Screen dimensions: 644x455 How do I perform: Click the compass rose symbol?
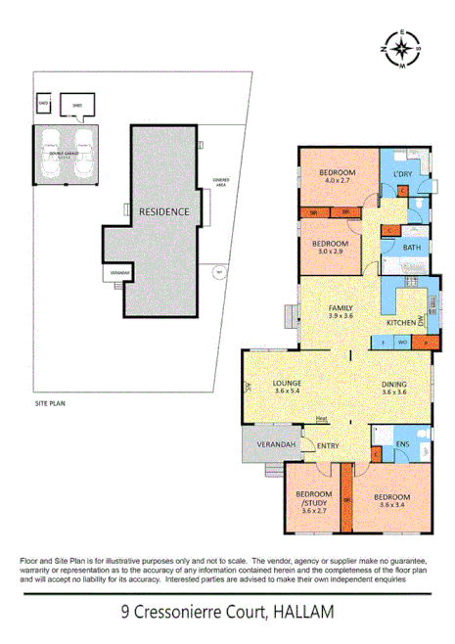click(x=403, y=49)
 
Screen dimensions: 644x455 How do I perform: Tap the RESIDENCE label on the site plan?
click(x=162, y=211)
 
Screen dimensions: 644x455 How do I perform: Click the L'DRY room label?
click(x=402, y=173)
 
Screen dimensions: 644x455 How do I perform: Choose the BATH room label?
click(x=412, y=248)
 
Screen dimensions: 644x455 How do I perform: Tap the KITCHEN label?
click(x=400, y=322)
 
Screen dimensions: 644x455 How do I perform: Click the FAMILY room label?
click(x=340, y=307)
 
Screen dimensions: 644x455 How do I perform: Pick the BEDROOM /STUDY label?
click(x=313, y=497)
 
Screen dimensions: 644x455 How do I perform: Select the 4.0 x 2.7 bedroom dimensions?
click(x=337, y=182)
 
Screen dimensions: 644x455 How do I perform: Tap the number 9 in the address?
click(x=125, y=613)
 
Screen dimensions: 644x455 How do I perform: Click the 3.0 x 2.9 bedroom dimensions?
click(x=330, y=252)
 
